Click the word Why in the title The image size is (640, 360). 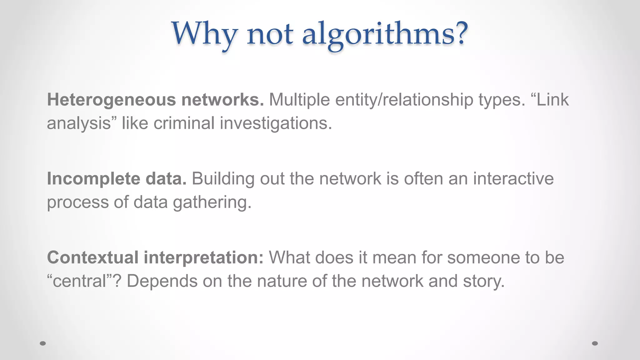click(205, 34)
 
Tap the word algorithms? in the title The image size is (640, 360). click(385, 34)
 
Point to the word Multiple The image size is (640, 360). click(299, 100)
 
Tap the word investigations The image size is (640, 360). click(276, 123)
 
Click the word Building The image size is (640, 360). click(223, 179)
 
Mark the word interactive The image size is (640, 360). click(513, 179)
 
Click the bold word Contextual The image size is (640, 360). click(93, 257)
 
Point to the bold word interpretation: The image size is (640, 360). click(203, 257)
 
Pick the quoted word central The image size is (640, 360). click(79, 281)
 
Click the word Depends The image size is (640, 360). click(162, 281)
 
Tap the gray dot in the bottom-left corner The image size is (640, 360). click(43, 343)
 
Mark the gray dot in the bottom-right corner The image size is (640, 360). click(595, 343)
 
